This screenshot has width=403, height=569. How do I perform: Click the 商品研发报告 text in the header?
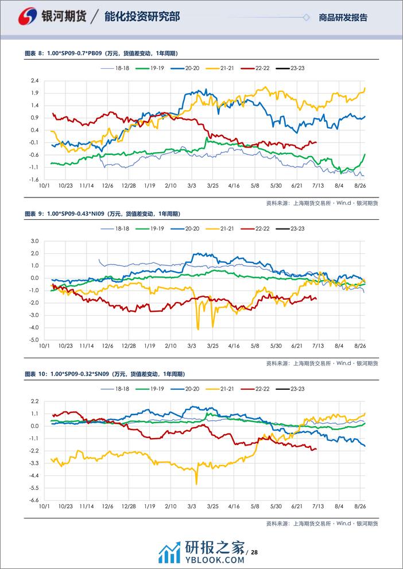(343, 17)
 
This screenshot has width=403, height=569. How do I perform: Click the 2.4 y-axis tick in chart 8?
(34, 80)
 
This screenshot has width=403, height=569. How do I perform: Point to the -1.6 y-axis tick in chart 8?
(33, 179)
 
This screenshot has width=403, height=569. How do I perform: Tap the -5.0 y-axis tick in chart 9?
(33, 339)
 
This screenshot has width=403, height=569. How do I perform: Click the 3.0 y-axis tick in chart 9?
(34, 241)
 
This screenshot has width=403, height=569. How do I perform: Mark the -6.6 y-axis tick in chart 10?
(33, 500)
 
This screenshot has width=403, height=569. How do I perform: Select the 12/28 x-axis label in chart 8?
(128, 186)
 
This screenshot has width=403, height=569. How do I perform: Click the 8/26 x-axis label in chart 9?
(361, 346)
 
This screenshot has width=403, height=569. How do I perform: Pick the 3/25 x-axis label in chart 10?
(213, 506)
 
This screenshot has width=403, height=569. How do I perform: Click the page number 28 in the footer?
(254, 552)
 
